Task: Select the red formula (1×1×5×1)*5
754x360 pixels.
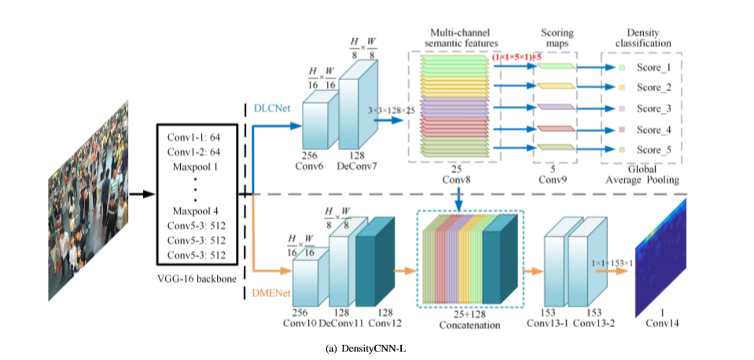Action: point(517,57)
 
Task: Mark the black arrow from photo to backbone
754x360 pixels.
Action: point(141,193)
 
